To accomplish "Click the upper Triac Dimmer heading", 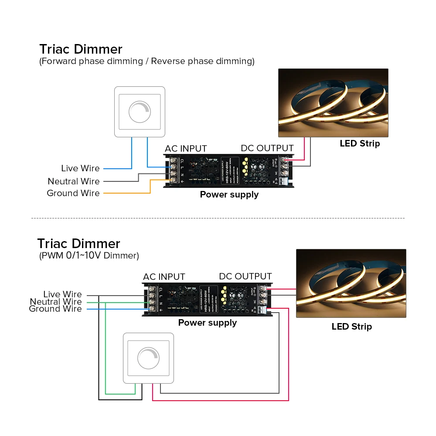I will click(81, 49).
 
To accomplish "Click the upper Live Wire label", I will click(80, 168).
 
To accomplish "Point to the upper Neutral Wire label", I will click(74, 181).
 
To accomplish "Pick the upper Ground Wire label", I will click(73, 193).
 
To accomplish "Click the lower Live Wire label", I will click(62, 294).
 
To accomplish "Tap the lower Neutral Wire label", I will click(56, 302).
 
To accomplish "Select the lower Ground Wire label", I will click(55, 309).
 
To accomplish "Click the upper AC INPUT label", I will click(186, 149).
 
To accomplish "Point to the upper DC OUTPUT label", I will click(267, 149).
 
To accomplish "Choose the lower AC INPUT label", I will click(164, 277).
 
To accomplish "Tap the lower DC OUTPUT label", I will click(245, 276).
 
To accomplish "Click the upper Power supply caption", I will click(229, 194).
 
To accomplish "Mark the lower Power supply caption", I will click(208, 323).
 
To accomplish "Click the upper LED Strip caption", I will click(360, 143).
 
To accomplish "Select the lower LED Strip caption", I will click(351, 327).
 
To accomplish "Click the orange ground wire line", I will click(131, 193).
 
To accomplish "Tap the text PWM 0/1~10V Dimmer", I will click(89, 255).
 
